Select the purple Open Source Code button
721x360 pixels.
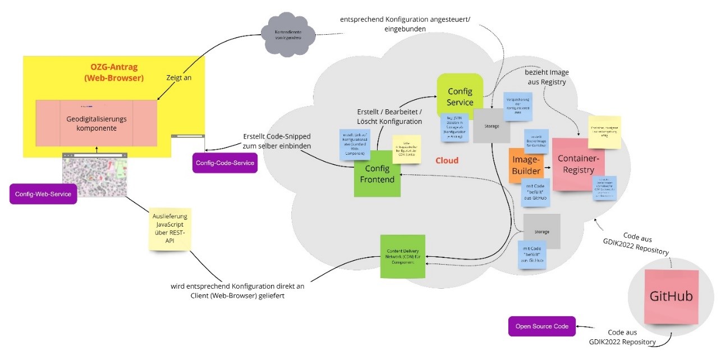tap(541, 326)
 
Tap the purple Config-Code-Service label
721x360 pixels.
tap(224, 163)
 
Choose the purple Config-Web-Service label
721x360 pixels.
tap(43, 193)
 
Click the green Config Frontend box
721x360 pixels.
tap(377, 173)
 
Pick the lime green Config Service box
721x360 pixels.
tap(460, 96)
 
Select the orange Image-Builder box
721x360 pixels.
tap(526, 165)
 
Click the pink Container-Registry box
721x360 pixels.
tap(578, 164)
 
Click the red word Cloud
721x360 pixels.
tap(447, 161)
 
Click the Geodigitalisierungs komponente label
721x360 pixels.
tap(97, 123)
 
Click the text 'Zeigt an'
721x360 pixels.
tap(179, 78)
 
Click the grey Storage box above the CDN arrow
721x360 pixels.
tap(541, 231)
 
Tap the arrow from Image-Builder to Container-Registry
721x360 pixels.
tap(547, 167)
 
